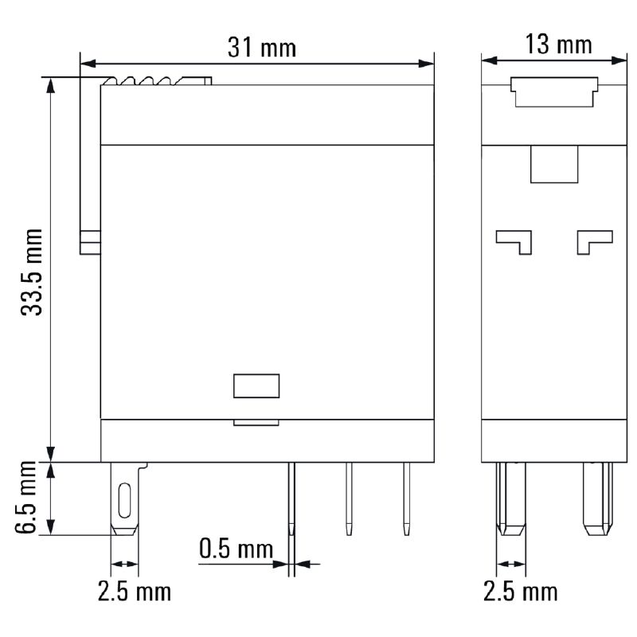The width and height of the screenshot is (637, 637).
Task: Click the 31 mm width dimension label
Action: pyautogui.click(x=261, y=48)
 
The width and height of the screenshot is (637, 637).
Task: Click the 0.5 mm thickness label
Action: pyautogui.click(x=236, y=549)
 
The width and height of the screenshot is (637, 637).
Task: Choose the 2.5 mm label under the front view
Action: pyautogui.click(x=134, y=592)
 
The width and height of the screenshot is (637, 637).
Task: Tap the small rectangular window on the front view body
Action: pyautogui.click(x=256, y=385)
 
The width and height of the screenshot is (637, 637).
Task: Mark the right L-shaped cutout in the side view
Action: pyautogui.click(x=595, y=240)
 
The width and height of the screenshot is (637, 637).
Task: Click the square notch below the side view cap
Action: pyautogui.click(x=553, y=165)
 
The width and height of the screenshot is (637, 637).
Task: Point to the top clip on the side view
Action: pyautogui.click(x=553, y=92)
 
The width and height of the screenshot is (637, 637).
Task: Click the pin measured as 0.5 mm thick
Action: pyautogui.click(x=292, y=502)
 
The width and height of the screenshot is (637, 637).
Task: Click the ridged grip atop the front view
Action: pyautogui.click(x=155, y=81)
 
